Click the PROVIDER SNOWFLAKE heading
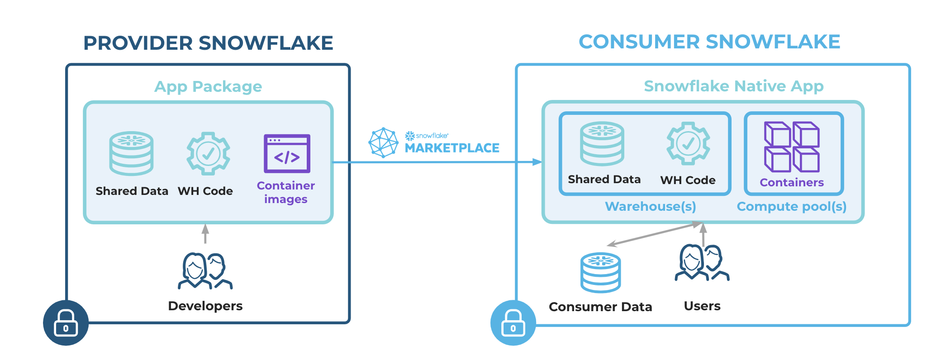(x=208, y=43)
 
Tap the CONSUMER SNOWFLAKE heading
(x=709, y=42)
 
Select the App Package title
(x=208, y=86)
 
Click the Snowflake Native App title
(x=733, y=86)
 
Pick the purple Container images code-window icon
(x=287, y=154)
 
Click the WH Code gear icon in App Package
(x=208, y=154)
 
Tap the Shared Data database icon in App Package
(x=132, y=154)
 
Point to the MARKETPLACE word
(x=451, y=148)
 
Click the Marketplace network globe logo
(x=383, y=142)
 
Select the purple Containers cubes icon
(x=792, y=147)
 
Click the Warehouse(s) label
(x=650, y=207)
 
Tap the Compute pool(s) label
(x=791, y=207)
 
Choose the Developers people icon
(x=205, y=271)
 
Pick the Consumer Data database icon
(x=600, y=273)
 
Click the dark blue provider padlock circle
(x=66, y=323)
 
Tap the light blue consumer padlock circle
(x=513, y=323)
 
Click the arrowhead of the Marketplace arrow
(x=537, y=162)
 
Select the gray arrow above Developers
(x=205, y=233)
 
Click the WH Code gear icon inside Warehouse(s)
(x=688, y=144)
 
